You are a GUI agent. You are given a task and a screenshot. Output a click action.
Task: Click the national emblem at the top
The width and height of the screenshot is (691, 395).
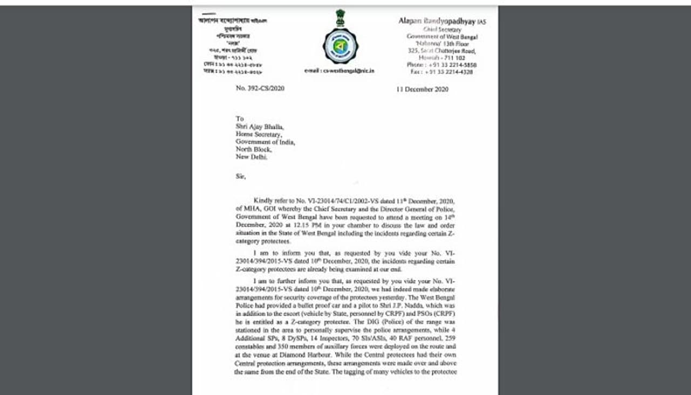click(x=340, y=17)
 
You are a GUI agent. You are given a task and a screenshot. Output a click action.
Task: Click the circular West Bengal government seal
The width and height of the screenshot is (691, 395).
click(x=340, y=46)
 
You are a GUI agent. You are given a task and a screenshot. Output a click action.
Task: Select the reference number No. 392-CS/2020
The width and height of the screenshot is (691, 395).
click(x=260, y=88)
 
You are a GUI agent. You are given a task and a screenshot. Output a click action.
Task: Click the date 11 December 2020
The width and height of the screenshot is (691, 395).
click(x=422, y=89)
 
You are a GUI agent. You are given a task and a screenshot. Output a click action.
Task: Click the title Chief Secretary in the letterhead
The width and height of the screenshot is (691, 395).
click(x=442, y=30)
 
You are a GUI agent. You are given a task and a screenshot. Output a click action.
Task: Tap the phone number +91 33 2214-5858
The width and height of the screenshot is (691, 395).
click(x=450, y=65)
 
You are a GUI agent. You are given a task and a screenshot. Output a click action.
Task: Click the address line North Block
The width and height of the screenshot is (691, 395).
click(x=253, y=150)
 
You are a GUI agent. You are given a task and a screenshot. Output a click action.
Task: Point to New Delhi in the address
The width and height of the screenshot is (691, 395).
click(x=251, y=157)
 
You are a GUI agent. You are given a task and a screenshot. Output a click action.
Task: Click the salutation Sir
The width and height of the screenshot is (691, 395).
click(x=240, y=176)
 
